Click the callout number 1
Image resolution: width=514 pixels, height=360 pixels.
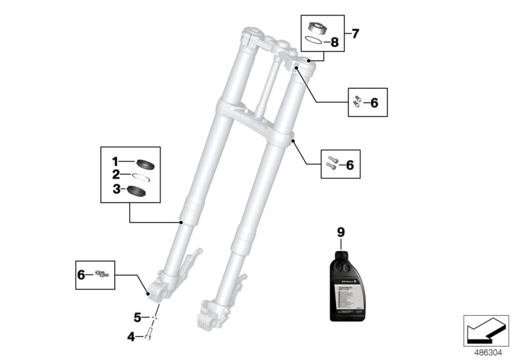(116, 161)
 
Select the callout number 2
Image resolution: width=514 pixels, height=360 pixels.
(116, 174)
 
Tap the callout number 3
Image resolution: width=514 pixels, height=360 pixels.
(116, 189)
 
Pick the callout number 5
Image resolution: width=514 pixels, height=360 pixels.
(137, 318)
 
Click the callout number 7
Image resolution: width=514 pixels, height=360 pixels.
(356, 32)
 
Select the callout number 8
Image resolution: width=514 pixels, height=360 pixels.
(333, 43)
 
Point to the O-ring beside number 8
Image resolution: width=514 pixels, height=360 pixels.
(314, 41)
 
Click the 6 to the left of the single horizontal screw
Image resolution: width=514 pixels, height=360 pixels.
(81, 274)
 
